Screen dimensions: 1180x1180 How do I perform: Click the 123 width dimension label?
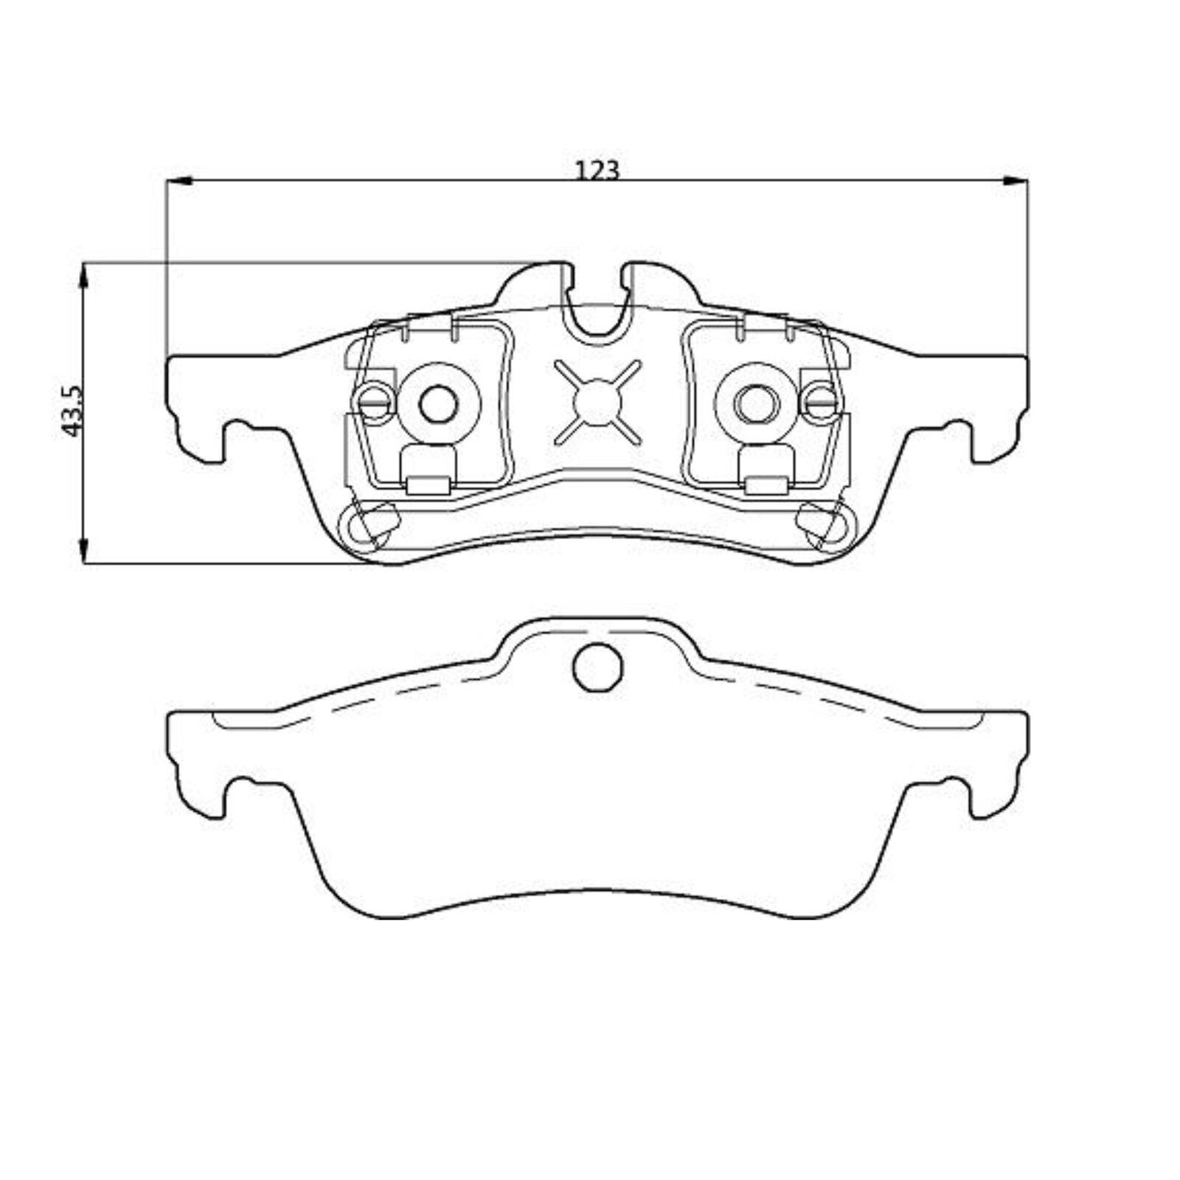point(597,170)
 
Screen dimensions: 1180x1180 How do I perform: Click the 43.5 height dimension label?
point(73,411)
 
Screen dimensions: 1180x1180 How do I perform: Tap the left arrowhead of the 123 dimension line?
point(178,180)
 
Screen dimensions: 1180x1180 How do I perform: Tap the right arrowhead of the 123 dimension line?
point(1015,180)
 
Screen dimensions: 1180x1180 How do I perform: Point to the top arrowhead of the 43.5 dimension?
point(84,276)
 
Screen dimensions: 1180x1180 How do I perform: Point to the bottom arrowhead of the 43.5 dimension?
point(84,550)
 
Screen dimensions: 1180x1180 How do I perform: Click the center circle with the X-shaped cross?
point(597,403)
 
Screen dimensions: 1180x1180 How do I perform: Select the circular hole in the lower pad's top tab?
point(597,667)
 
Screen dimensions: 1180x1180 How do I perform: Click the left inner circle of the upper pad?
point(438,403)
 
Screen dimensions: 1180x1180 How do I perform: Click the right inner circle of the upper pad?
point(757,403)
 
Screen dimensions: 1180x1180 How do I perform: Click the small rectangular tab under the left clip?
point(428,485)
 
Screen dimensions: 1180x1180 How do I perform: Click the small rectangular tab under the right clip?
point(766,485)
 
